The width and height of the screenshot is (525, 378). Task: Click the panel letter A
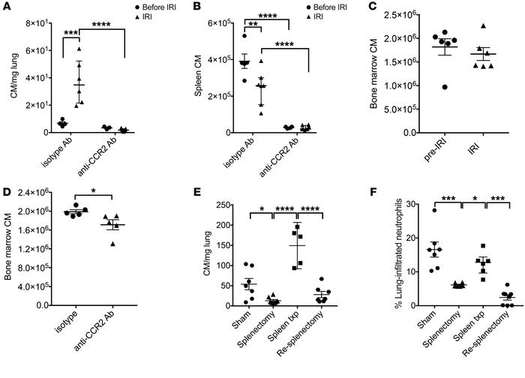click(6, 7)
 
